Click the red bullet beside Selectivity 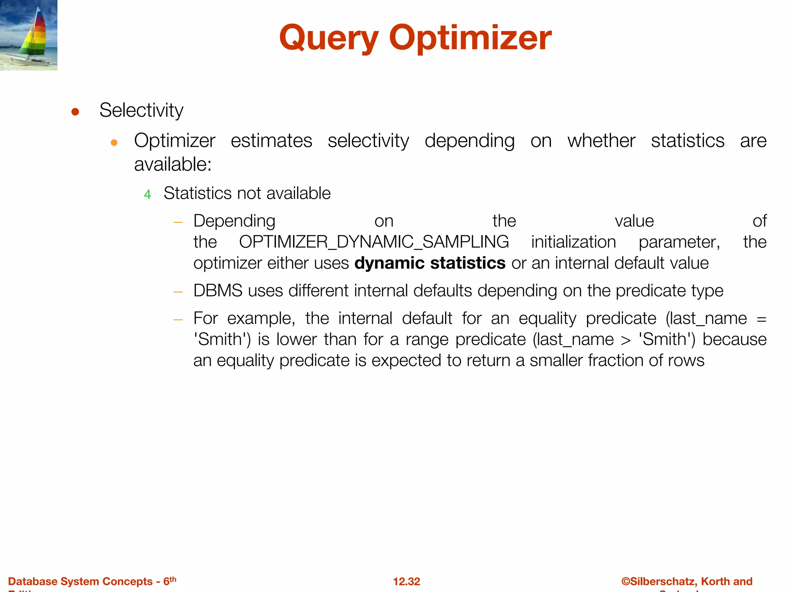point(75,112)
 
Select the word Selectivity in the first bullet point(141,110)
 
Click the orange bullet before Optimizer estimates point(114,143)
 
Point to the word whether point(601,141)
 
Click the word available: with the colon point(173,165)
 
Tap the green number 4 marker point(147,195)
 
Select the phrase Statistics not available point(247,193)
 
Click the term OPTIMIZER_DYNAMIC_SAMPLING point(373,242)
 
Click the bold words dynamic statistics point(430,263)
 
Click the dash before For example point(178,320)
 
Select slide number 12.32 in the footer point(406,582)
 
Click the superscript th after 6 point(173,579)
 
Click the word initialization point(573,242)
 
